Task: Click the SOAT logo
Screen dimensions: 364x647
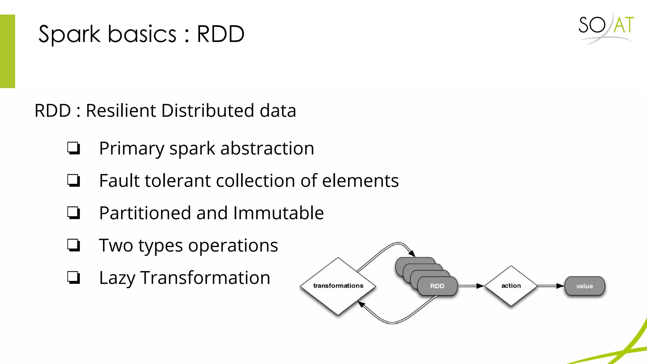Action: [x=606, y=27]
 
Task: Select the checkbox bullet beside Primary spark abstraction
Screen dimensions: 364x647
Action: [x=74, y=148]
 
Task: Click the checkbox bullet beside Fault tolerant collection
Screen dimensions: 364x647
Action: [x=74, y=180]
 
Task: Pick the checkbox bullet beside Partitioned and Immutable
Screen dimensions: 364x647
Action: [x=74, y=213]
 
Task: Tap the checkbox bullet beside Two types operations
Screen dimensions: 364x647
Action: [x=74, y=245]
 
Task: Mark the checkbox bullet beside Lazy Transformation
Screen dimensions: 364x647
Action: [x=74, y=277]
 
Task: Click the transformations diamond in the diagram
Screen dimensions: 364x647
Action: [x=338, y=286]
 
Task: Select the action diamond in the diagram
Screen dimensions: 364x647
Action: [x=511, y=286]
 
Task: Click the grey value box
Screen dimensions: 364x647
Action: [x=584, y=286]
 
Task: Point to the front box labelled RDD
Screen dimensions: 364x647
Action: [x=437, y=286]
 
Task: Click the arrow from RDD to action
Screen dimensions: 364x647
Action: [x=471, y=286]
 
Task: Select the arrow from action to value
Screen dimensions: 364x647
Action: [x=551, y=286]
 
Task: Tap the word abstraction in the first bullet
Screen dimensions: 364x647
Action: [x=267, y=149]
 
